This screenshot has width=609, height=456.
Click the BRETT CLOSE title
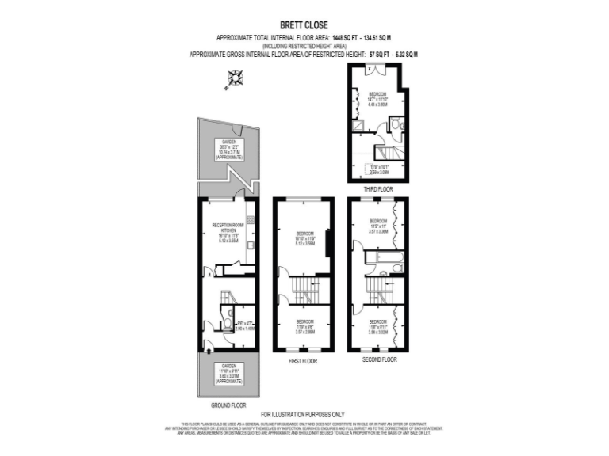coord(304,25)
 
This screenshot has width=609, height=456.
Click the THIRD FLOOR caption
coord(377,189)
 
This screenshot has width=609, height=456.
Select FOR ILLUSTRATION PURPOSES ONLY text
coord(303,413)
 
